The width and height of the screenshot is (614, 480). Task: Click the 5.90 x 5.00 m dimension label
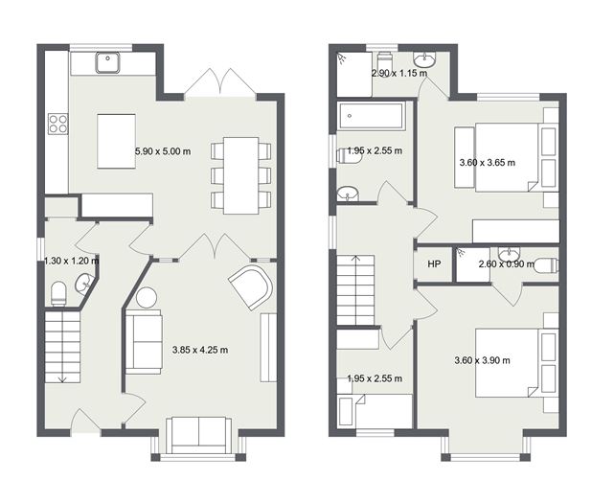163,151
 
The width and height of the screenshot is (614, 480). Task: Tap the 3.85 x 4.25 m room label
200,350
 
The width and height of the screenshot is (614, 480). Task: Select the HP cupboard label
434,264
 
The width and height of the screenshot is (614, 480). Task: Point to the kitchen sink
107,62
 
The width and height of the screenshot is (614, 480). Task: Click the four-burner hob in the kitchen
58,123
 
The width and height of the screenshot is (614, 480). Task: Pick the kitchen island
116,142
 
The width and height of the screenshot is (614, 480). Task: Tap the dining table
240,175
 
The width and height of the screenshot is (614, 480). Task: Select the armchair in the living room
251,287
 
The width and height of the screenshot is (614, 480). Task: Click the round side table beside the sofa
147,298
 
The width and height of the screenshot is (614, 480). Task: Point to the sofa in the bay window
199,435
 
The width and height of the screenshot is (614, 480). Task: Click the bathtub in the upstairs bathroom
370,116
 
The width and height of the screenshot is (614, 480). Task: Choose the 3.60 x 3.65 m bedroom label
488,163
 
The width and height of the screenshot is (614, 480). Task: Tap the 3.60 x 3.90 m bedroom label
483,360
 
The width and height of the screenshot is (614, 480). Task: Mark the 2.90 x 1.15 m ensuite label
399,73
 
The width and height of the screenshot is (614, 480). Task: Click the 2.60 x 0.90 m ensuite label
507,264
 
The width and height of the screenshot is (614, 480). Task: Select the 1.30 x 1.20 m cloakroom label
71,261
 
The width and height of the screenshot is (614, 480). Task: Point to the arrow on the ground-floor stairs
62,377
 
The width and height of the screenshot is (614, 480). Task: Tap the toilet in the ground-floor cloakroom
59,293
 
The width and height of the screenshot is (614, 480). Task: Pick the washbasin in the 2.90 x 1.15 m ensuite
424,60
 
